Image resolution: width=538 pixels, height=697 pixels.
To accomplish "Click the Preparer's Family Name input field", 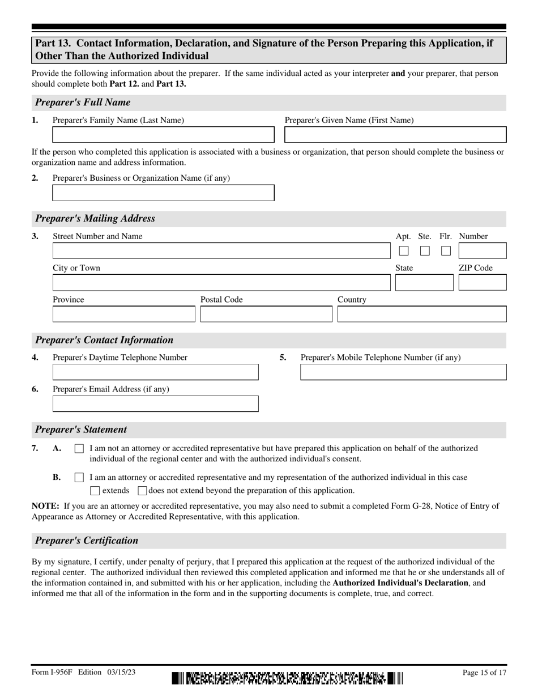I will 163,135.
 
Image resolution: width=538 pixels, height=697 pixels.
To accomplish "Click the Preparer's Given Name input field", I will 395,135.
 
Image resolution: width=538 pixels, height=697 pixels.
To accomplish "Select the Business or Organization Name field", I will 163,193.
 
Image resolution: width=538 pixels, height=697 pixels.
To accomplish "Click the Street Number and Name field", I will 221,251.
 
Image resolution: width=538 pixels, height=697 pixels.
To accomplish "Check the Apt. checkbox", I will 404,251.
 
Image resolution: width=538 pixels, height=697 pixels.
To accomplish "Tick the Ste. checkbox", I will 425,251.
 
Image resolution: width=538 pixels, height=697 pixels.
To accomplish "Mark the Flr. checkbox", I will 446,251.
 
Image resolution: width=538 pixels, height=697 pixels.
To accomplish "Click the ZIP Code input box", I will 482,283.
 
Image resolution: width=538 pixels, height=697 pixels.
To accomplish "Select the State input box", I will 424,283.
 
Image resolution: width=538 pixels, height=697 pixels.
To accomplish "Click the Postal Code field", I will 266,314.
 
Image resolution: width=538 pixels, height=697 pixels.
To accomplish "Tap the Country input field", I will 421,314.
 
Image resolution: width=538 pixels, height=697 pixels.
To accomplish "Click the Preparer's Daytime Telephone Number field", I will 155,372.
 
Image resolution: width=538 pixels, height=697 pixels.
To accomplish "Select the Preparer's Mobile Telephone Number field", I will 403,372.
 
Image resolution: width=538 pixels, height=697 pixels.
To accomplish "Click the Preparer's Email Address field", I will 155,404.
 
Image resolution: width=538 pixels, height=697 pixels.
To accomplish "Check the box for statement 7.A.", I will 79,449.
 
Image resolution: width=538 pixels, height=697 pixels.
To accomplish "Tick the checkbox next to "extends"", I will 95,491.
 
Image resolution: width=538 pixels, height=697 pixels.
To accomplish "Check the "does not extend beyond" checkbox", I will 142,491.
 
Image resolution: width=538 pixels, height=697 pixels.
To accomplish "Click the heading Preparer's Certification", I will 87,541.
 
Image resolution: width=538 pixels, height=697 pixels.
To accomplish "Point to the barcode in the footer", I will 287,678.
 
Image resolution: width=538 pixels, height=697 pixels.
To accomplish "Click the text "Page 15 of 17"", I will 484,673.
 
